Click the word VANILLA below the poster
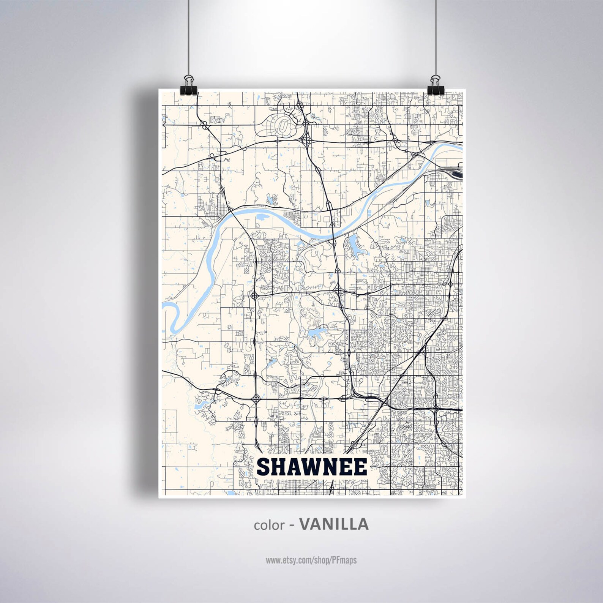(334, 524)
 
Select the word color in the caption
(269, 525)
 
